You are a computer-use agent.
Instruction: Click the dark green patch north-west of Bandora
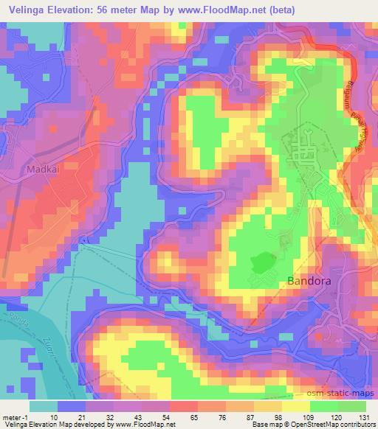click(x=262, y=262)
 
